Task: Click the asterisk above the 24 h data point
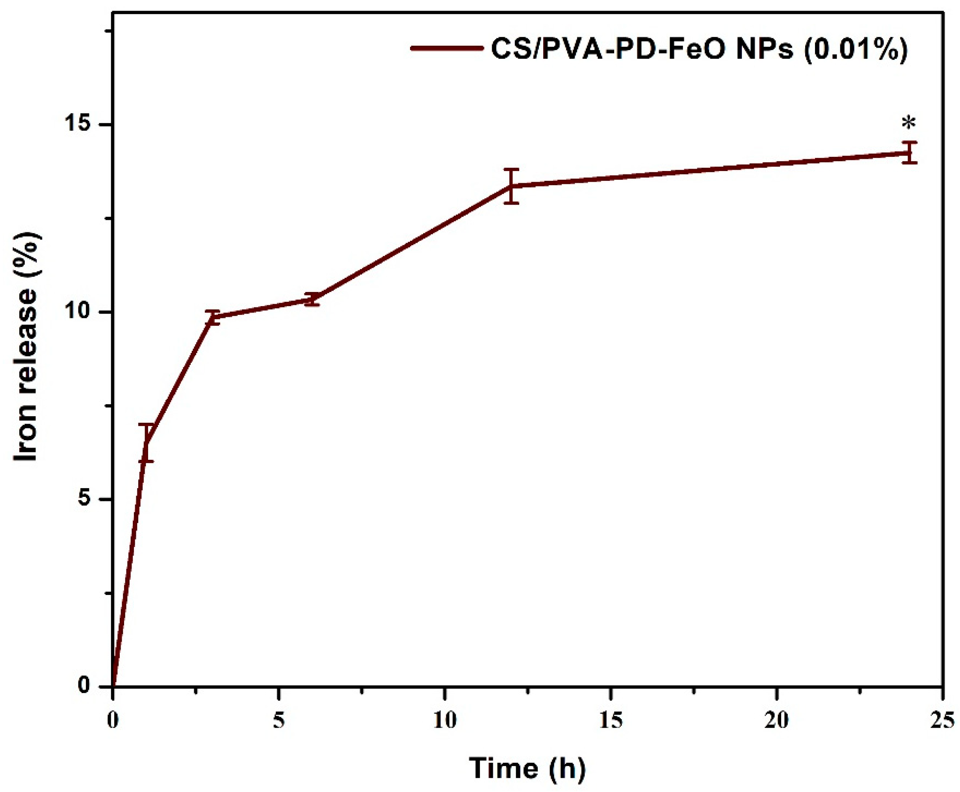coord(908,124)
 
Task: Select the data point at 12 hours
coord(511,186)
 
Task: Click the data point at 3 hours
coord(212,317)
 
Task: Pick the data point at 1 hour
coord(146,442)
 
